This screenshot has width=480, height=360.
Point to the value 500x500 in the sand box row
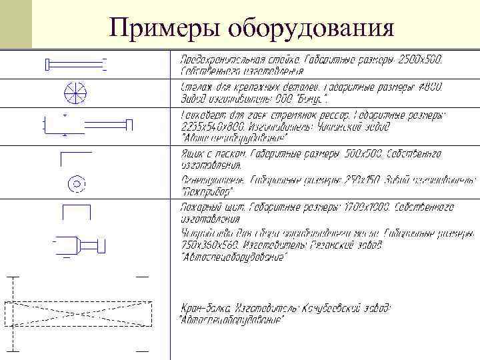(x=363, y=154)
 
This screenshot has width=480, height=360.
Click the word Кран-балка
(x=206, y=308)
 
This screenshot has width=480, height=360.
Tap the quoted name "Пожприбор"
(x=207, y=192)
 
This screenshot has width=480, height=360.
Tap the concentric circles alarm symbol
(x=75, y=183)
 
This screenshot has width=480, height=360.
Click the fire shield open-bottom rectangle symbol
(x=76, y=211)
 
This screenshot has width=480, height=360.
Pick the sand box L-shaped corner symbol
(x=75, y=158)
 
